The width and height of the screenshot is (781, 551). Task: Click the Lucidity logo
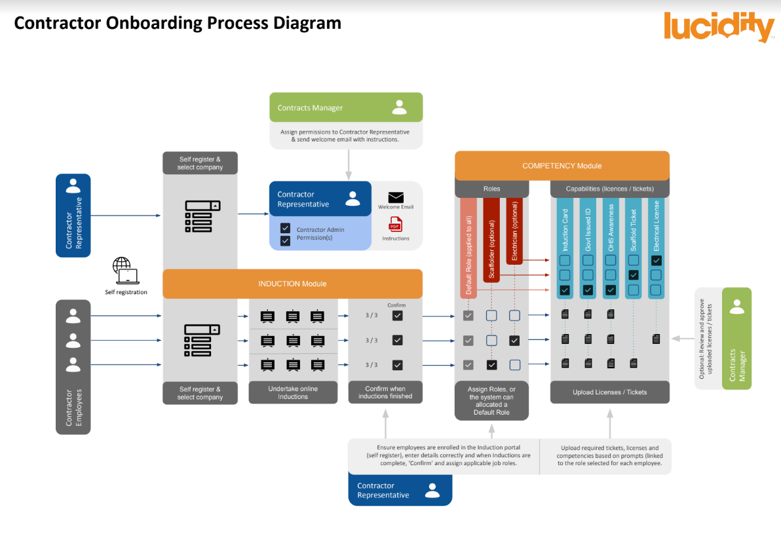[719, 27]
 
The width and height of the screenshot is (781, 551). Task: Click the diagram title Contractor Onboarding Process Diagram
[178, 23]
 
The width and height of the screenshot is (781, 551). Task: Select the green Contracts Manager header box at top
[346, 107]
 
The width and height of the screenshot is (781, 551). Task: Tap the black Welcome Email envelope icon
[396, 198]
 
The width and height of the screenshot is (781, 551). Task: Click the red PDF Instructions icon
[396, 224]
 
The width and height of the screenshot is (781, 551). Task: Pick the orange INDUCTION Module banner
[292, 284]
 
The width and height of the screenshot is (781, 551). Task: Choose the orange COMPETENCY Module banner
[562, 166]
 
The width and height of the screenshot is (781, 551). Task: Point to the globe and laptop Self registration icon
[126, 270]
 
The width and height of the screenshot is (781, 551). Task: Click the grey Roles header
[491, 189]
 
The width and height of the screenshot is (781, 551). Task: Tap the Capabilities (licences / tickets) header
[609, 189]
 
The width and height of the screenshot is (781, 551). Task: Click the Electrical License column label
[657, 226]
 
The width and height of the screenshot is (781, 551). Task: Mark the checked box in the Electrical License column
[657, 260]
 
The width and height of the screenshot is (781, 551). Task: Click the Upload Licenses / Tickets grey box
[609, 392]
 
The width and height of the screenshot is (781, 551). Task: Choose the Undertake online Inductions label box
[293, 392]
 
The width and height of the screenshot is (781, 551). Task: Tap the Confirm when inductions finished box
[385, 392]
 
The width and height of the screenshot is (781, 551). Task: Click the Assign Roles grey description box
[491, 400]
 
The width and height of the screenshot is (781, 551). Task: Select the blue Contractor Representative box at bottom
[400, 491]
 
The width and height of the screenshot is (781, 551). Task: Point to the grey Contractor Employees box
[73, 367]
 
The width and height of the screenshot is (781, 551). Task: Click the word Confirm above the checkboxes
[396, 305]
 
